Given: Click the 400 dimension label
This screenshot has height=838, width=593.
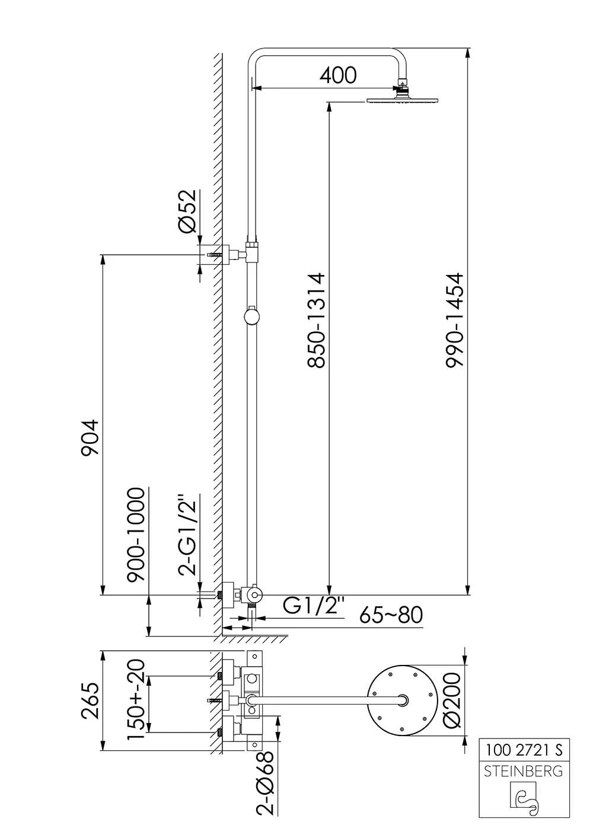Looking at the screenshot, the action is (x=337, y=75).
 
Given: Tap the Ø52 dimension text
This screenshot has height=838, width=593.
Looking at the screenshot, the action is (x=187, y=211).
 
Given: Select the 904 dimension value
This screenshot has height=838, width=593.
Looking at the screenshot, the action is (x=90, y=437).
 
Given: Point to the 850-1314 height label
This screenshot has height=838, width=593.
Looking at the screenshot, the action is (x=315, y=320).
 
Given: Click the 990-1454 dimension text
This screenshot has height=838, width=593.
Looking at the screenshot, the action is (x=454, y=320).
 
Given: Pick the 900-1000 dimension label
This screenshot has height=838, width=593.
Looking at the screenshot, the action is (x=136, y=535).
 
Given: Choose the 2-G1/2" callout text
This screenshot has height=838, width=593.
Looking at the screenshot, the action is (x=187, y=535).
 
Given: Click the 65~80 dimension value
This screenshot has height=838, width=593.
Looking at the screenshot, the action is (x=391, y=615).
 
